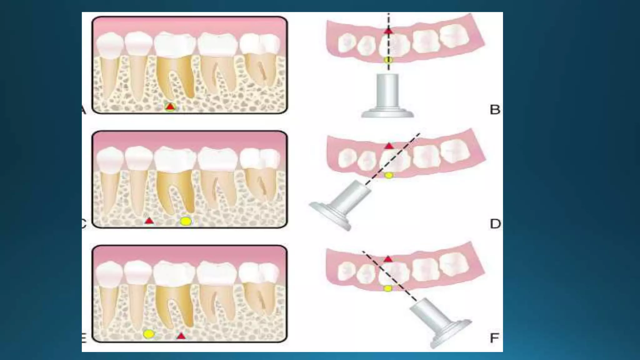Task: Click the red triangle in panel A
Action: coord(170,107)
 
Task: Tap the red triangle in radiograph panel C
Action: coord(149,221)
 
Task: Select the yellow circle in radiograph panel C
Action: coord(186,221)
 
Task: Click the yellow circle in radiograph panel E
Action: coord(149,334)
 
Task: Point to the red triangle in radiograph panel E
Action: coord(181,336)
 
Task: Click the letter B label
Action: coord(495,110)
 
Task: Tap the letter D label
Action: coord(495,224)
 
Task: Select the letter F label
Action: coord(494,338)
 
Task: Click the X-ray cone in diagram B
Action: coord(388,97)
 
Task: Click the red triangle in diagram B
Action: coord(388,31)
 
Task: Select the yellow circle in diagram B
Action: coord(388,60)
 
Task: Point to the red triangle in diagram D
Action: coord(389,146)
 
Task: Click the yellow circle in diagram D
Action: coord(388,175)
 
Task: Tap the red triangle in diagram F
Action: coord(388,259)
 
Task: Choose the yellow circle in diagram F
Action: coord(387,288)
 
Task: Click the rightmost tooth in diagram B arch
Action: coord(455,36)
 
